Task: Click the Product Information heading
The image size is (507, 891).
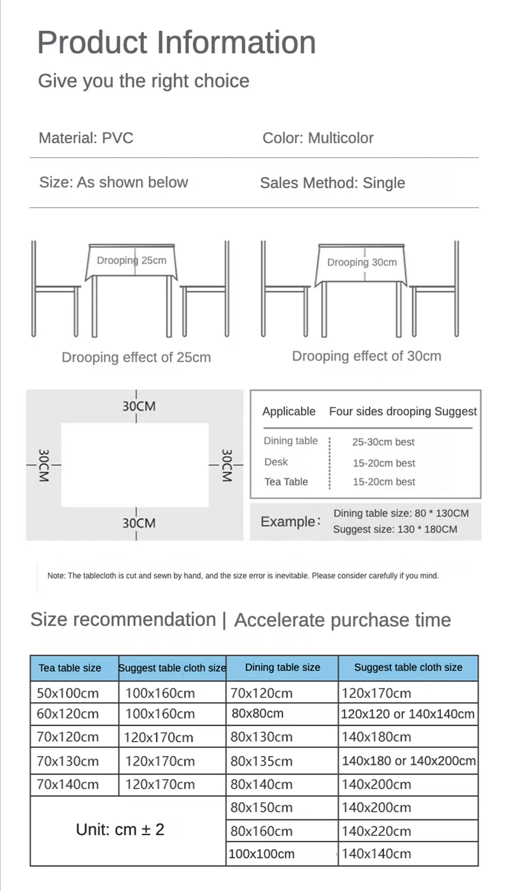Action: point(176,42)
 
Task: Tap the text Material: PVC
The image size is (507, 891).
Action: point(86,138)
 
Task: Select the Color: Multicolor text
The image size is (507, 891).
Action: point(318,138)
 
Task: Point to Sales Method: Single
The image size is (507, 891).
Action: point(332,183)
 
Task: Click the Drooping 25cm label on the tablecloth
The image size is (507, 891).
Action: point(132,260)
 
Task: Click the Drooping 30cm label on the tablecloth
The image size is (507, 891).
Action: point(362,262)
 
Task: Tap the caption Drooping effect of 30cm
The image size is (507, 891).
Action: point(366,356)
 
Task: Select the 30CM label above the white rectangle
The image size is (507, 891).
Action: point(139,406)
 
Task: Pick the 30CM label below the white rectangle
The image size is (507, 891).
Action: point(139,523)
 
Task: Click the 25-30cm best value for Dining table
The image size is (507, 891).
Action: point(383,442)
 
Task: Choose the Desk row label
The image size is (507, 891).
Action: point(276,462)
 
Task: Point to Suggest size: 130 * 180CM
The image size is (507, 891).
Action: point(395,530)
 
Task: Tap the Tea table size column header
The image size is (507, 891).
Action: point(70,668)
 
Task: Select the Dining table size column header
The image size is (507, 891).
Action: point(283,667)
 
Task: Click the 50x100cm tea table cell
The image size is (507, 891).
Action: point(68,693)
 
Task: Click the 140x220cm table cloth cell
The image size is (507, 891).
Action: point(376,831)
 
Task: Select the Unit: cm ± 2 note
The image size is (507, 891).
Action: point(120,829)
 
